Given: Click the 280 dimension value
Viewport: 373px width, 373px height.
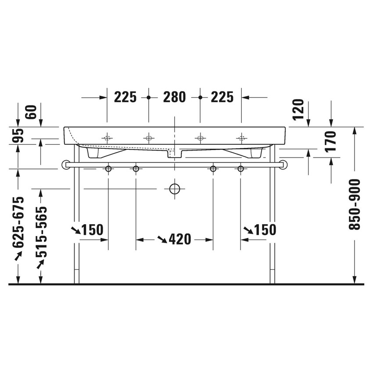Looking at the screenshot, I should tap(174, 97).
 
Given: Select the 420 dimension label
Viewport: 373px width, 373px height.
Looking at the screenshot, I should tap(179, 239).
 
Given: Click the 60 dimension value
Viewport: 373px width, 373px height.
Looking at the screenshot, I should tap(29, 112).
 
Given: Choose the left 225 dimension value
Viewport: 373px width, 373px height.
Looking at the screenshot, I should tap(126, 97).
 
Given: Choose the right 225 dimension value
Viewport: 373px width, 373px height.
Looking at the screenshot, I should tap(222, 97).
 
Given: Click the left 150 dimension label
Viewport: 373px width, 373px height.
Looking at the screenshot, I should tap(92, 230).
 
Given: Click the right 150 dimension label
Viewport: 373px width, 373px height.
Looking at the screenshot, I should tap(265, 230).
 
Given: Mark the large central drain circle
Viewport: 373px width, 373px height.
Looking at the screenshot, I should tap(175, 189).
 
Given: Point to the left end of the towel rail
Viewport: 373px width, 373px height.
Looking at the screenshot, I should tap(65, 165).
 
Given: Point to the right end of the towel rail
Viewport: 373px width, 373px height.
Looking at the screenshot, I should tap(285, 165).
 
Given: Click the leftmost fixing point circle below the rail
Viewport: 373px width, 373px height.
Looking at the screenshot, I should tap(108, 169).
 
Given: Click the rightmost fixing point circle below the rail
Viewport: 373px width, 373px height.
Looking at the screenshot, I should tap(240, 169).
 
